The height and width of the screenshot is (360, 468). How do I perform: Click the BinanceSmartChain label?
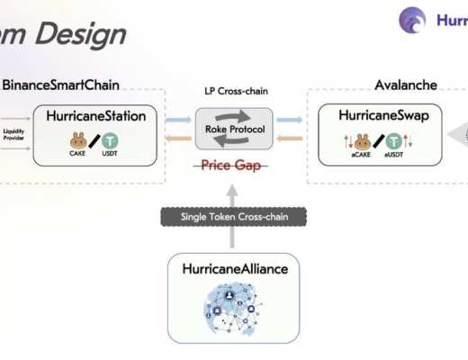pos(60,85)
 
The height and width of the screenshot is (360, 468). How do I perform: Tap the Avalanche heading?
pos(406,85)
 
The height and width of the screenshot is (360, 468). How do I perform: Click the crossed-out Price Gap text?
pos(233,166)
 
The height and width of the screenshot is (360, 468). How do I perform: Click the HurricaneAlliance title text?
pos(232,269)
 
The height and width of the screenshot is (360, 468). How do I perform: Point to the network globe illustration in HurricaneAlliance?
pos(233,309)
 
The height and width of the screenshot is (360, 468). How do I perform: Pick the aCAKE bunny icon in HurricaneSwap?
pos(362,142)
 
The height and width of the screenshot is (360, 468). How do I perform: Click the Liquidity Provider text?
pos(13,134)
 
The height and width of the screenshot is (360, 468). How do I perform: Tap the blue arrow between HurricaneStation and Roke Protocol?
pos(178,120)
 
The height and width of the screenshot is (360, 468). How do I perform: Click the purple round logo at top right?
pos(412,21)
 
